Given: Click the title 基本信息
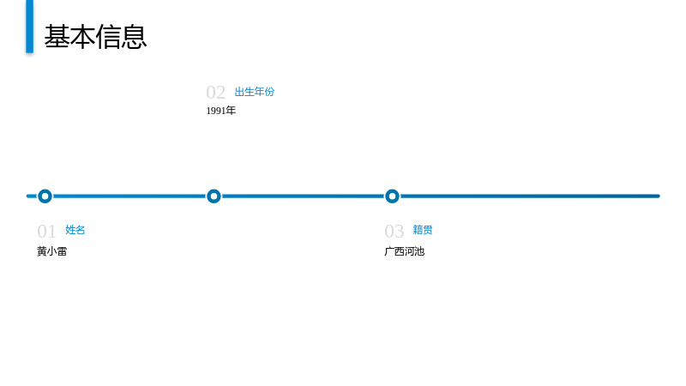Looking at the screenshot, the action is (x=95, y=37).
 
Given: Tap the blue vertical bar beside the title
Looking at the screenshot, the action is (x=30, y=27).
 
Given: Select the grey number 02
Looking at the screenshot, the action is (x=216, y=93).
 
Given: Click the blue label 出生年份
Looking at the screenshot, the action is (x=255, y=92).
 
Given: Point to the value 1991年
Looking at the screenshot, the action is (x=221, y=111).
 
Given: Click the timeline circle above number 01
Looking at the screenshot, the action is (x=45, y=190).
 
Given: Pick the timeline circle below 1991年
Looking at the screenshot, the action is (x=214, y=190).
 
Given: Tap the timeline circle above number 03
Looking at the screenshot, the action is (x=392, y=190).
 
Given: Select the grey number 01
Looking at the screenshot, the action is (x=47, y=231).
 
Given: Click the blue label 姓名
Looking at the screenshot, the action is (x=75, y=230).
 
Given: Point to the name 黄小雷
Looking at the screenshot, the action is (x=52, y=251).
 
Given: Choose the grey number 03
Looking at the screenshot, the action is (x=394, y=231).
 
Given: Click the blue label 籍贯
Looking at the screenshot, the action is (x=423, y=230).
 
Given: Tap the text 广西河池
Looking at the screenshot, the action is (x=405, y=251).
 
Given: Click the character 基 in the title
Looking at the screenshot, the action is (x=57, y=37).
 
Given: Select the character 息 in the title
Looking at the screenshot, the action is (x=134, y=37).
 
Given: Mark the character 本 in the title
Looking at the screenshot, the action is (x=82, y=37).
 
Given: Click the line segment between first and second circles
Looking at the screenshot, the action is (x=129, y=196).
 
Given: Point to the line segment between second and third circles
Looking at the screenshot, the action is (x=303, y=196).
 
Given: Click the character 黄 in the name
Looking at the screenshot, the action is (x=42, y=251).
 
